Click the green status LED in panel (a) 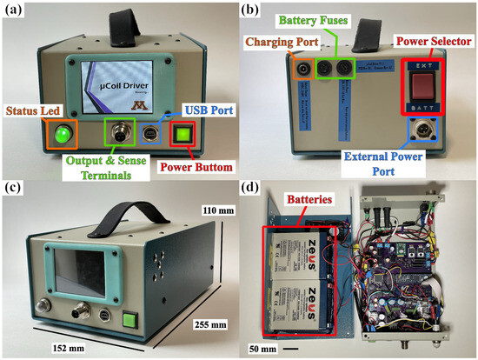click(62, 135)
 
